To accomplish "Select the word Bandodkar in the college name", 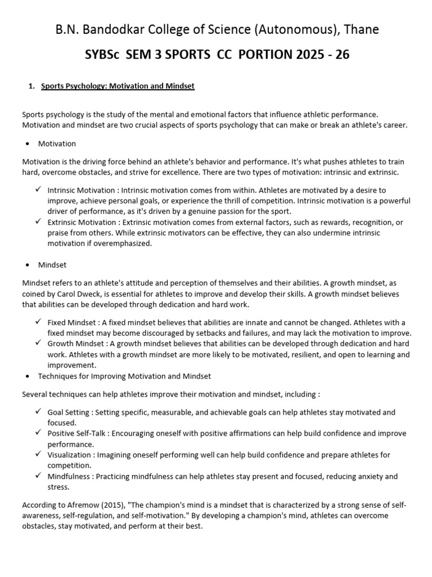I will click(114, 29).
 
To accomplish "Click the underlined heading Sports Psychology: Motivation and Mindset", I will click(118, 86).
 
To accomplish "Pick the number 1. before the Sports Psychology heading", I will click(31, 86).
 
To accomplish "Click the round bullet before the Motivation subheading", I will click(27, 144).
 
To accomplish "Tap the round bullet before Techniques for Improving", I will click(27, 376).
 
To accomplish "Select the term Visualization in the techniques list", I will click(69, 455).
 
